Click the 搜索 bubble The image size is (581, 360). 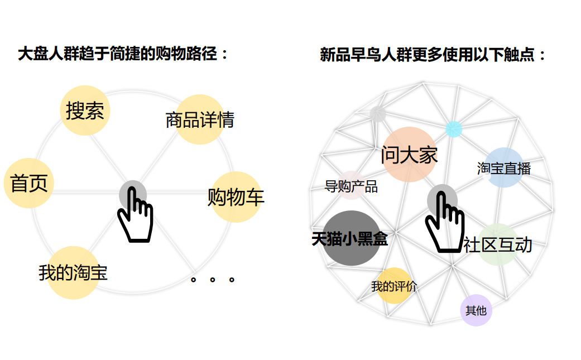[85, 111]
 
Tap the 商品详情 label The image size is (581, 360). [200, 120]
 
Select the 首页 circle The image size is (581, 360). [29, 183]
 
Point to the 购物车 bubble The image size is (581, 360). [236, 196]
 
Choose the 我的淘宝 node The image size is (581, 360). [73, 272]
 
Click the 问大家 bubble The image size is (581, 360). [410, 155]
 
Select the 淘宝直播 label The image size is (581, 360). [504, 169]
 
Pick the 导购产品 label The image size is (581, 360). [351, 186]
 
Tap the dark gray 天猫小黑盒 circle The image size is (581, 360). [351, 238]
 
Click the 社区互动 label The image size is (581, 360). [498, 245]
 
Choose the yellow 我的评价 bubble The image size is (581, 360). [394, 286]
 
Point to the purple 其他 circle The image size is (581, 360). [476, 310]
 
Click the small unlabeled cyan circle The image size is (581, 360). [454, 129]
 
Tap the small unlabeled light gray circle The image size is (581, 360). [378, 114]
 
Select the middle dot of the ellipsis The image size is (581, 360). [212, 280]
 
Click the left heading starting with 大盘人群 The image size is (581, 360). [123, 54]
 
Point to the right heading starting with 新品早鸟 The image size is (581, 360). [433, 55]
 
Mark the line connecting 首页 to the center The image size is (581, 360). [87, 191]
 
